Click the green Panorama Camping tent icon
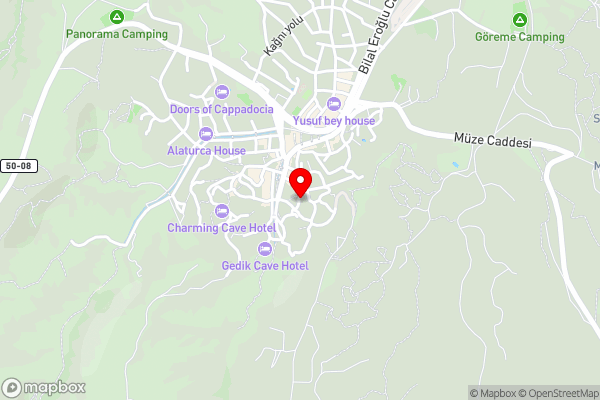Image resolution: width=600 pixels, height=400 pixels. coord(117,17)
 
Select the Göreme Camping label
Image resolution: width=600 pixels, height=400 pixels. coord(520,37)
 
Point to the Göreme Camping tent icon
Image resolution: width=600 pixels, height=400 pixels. coord(520,20)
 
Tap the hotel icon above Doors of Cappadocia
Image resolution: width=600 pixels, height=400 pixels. coord(220,92)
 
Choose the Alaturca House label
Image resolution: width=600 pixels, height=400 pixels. coord(206,151)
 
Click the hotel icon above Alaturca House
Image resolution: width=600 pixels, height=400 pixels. coord(206,134)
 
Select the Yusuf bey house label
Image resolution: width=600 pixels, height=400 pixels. coord(334,121)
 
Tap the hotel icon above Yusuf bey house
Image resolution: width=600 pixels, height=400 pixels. coord(334,104)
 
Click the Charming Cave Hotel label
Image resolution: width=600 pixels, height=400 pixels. coord(221,227)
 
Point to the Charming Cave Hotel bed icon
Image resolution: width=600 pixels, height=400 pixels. coord(221,210)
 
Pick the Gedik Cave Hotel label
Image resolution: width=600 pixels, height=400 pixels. coord(265,265)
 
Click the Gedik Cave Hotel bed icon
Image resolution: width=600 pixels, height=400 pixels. coord(265,248)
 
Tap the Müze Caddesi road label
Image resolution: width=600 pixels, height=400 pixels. coord(492,141)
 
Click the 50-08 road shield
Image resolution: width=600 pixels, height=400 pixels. coord(18,165)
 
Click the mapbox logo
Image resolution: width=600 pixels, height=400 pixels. coord(44,388)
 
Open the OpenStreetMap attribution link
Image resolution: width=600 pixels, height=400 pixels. coord(554,393)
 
